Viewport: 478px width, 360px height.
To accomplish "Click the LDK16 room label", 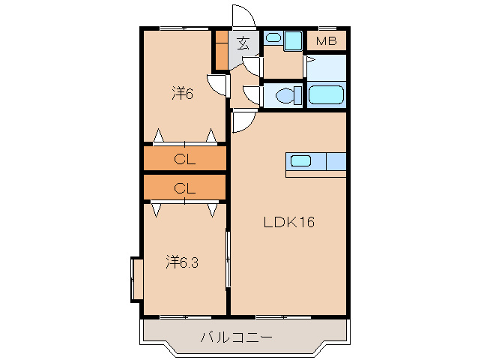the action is tap(288, 222).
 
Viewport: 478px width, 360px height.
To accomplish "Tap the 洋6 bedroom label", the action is tap(182, 93).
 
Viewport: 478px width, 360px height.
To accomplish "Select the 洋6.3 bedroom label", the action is tap(182, 262).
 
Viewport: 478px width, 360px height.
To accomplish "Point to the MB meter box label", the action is tap(326, 41).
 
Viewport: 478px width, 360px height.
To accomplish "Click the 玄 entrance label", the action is tap(243, 43).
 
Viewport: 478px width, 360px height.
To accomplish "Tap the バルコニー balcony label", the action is tap(236, 337).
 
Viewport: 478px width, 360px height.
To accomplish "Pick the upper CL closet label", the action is tap(185, 159).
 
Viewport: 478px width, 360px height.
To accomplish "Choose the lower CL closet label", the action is tap(185, 188).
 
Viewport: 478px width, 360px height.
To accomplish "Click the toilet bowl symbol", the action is tap(288, 95).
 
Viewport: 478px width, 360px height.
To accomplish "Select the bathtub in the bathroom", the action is tap(326, 95).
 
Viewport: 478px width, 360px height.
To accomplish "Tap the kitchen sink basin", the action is tap(300, 160).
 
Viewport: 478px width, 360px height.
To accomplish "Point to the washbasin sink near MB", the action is tap(273, 38).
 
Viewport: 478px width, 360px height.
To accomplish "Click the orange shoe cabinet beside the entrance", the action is tap(222, 50).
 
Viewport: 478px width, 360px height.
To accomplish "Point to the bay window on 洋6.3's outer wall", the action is tap(137, 280).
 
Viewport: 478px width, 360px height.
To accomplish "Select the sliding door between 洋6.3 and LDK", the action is tap(228, 259).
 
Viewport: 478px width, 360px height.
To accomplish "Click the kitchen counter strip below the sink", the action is tap(316, 174).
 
